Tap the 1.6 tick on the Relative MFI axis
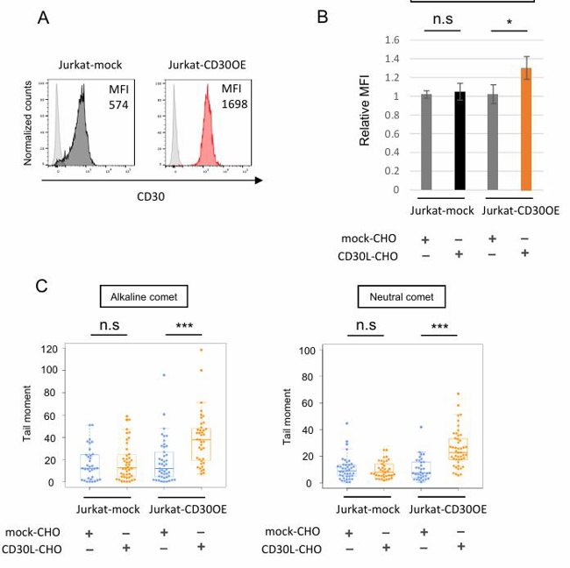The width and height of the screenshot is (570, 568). (392, 40)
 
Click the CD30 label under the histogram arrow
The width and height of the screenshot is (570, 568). (151, 196)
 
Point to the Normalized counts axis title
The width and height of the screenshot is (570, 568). (28, 123)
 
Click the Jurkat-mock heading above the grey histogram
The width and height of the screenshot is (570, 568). (90, 65)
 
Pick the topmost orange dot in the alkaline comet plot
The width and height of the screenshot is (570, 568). (200, 350)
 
